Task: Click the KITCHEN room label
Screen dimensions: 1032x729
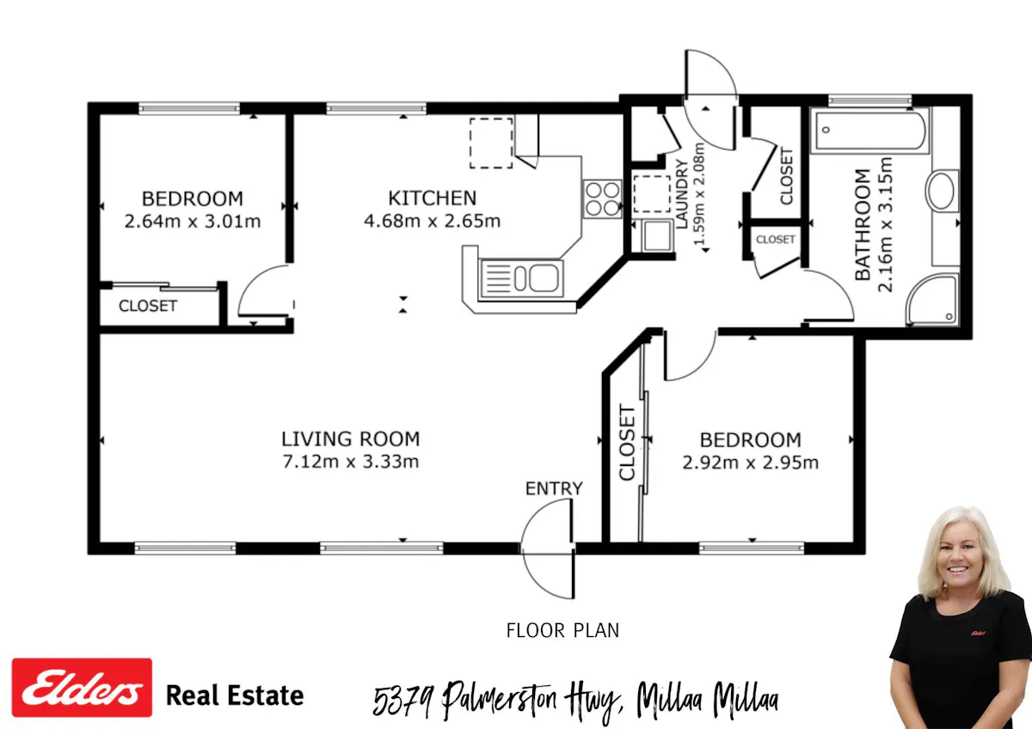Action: point(432,198)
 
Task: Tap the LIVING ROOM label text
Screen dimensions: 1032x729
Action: point(351,439)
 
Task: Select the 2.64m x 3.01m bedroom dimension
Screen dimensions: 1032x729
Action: point(193,222)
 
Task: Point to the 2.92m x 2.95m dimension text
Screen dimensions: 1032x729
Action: point(751,463)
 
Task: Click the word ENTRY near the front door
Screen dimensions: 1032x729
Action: point(554,488)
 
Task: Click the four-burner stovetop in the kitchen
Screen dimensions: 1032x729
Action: point(602,199)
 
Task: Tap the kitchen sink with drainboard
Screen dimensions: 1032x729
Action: point(521,279)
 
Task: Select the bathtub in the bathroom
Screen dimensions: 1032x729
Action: point(869,131)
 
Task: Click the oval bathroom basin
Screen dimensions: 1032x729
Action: point(941,191)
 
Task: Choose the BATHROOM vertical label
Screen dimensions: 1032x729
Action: point(863,224)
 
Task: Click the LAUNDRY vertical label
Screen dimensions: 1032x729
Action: point(682,194)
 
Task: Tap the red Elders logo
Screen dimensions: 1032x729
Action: point(82,688)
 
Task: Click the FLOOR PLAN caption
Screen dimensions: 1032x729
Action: point(562,630)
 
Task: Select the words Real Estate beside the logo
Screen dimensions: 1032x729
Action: point(235,695)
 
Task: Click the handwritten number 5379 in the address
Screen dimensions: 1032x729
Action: point(403,701)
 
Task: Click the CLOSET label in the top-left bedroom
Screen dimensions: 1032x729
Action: point(148,306)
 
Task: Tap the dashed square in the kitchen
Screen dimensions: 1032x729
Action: point(491,144)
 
